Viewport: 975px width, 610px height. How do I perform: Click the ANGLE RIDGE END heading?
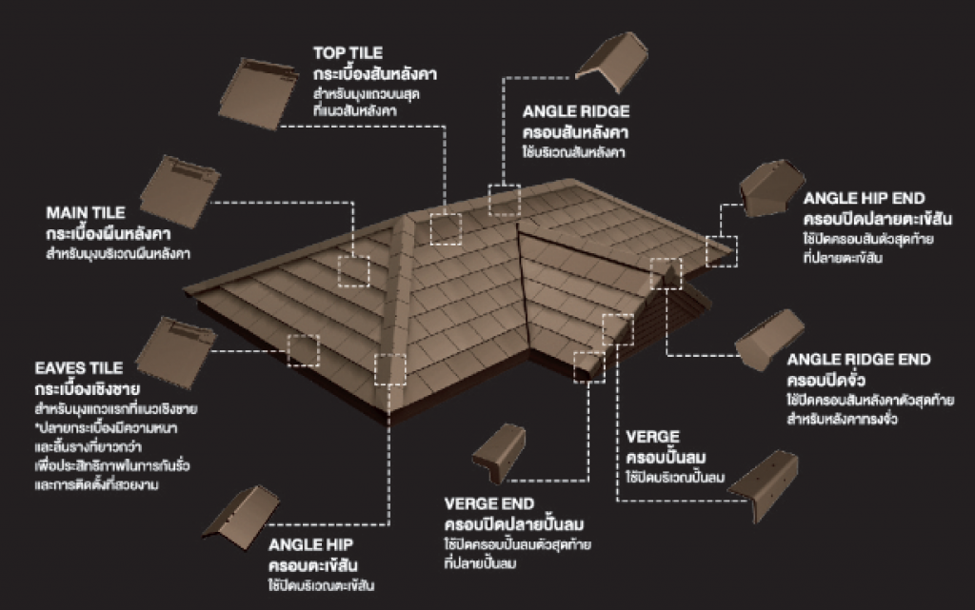(859, 360)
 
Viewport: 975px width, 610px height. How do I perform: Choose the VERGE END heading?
(489, 503)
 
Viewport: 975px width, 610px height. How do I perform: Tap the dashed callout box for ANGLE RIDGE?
(504, 200)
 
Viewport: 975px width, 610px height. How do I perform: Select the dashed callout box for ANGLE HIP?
(389, 369)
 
